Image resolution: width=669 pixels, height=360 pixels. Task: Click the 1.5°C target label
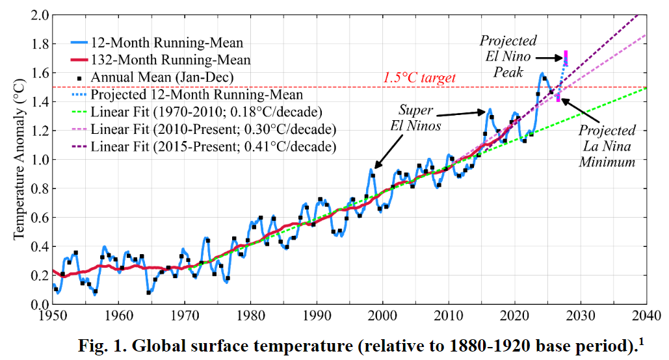419,78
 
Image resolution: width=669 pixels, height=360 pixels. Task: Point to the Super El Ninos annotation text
420,118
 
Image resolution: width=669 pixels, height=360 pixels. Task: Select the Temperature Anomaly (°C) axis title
19,159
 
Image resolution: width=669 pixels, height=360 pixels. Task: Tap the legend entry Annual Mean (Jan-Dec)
162,77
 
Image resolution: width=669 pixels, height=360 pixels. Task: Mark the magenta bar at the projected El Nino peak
566,58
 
